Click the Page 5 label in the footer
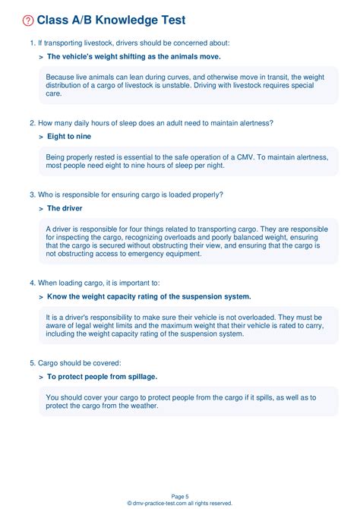coord(180,496)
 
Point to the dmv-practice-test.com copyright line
coord(180,503)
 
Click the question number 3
coord(32,194)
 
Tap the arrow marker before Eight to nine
coord(40,137)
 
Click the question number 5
coord(32,362)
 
